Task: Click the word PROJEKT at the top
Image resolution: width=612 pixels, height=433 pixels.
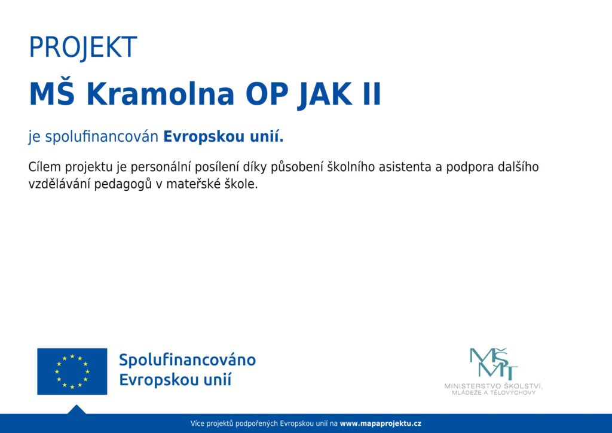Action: pos(83,47)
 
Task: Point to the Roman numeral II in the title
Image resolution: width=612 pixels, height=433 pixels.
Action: pos(372,94)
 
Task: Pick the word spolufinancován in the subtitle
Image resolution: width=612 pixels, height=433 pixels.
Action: pos(102,137)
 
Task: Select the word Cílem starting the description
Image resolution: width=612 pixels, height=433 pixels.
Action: pos(44,167)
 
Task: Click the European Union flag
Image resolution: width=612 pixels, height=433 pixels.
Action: pos(72,371)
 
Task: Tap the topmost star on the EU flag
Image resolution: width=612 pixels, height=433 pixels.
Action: pos(72,356)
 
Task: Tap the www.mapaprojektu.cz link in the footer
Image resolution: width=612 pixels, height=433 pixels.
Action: pos(381,423)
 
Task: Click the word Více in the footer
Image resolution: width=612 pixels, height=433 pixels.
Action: pos(197,423)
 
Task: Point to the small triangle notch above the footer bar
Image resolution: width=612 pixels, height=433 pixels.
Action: pos(76,410)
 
